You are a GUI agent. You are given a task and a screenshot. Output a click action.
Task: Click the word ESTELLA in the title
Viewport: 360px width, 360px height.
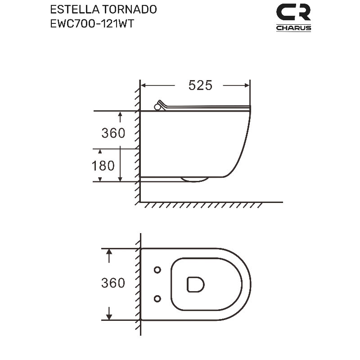pos(75,9)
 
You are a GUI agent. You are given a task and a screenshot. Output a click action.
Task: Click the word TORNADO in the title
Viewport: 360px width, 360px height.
pos(130,9)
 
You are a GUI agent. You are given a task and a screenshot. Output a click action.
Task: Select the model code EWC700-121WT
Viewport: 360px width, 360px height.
pos(92,24)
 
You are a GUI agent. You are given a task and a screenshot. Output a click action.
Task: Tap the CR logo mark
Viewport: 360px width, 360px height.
pos(293,12)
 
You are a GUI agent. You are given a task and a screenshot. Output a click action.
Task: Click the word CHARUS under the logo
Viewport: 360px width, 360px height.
pos(293,28)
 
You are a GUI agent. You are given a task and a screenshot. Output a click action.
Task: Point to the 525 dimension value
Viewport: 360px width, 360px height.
pos(200,85)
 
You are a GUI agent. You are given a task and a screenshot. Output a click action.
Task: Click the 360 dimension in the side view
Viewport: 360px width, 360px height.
pos(113,133)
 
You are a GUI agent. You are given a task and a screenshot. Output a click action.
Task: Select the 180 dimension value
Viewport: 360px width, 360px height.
pos(103,166)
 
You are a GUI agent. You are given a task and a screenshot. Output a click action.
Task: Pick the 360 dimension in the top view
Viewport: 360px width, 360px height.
pos(113,283)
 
